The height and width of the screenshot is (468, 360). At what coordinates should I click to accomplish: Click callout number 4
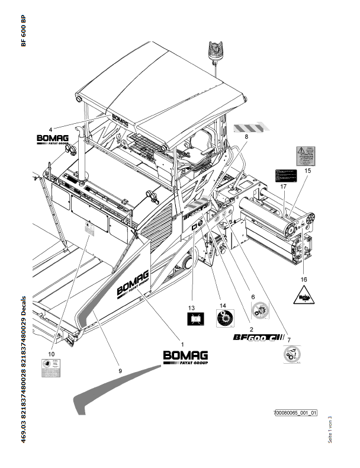pyautogui.click(x=50, y=129)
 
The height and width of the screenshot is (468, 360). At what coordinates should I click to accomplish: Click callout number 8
pyautogui.click(x=246, y=136)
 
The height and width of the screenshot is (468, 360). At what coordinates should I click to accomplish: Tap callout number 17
pyautogui.click(x=284, y=186)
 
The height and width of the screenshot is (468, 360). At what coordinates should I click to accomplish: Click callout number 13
pyautogui.click(x=191, y=307)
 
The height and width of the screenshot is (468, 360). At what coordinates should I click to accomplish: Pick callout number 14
pyautogui.click(x=224, y=306)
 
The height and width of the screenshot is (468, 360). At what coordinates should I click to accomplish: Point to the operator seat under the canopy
pyautogui.click(x=199, y=143)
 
